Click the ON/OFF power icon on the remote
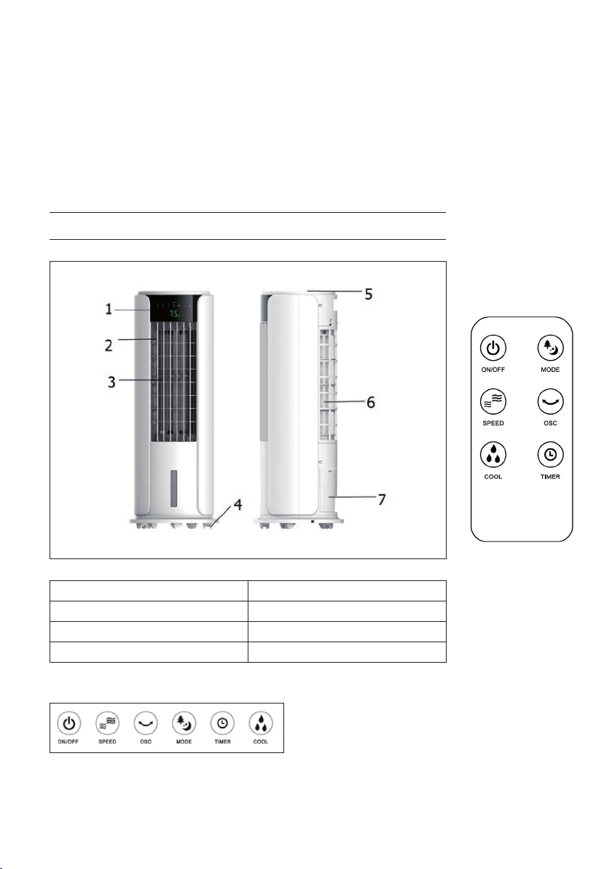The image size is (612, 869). coord(493,348)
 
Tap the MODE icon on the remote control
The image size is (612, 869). coord(550,348)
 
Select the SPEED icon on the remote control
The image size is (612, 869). coord(493,402)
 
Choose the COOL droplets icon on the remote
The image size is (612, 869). coord(493,455)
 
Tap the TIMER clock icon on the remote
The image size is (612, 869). coord(550,455)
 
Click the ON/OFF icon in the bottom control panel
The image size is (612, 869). coord(68,723)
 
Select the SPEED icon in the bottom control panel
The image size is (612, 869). coord(107,723)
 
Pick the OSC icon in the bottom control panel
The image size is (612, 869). coord(146,723)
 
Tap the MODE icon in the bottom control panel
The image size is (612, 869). coord(184,723)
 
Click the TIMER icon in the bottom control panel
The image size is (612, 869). coord(222,723)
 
